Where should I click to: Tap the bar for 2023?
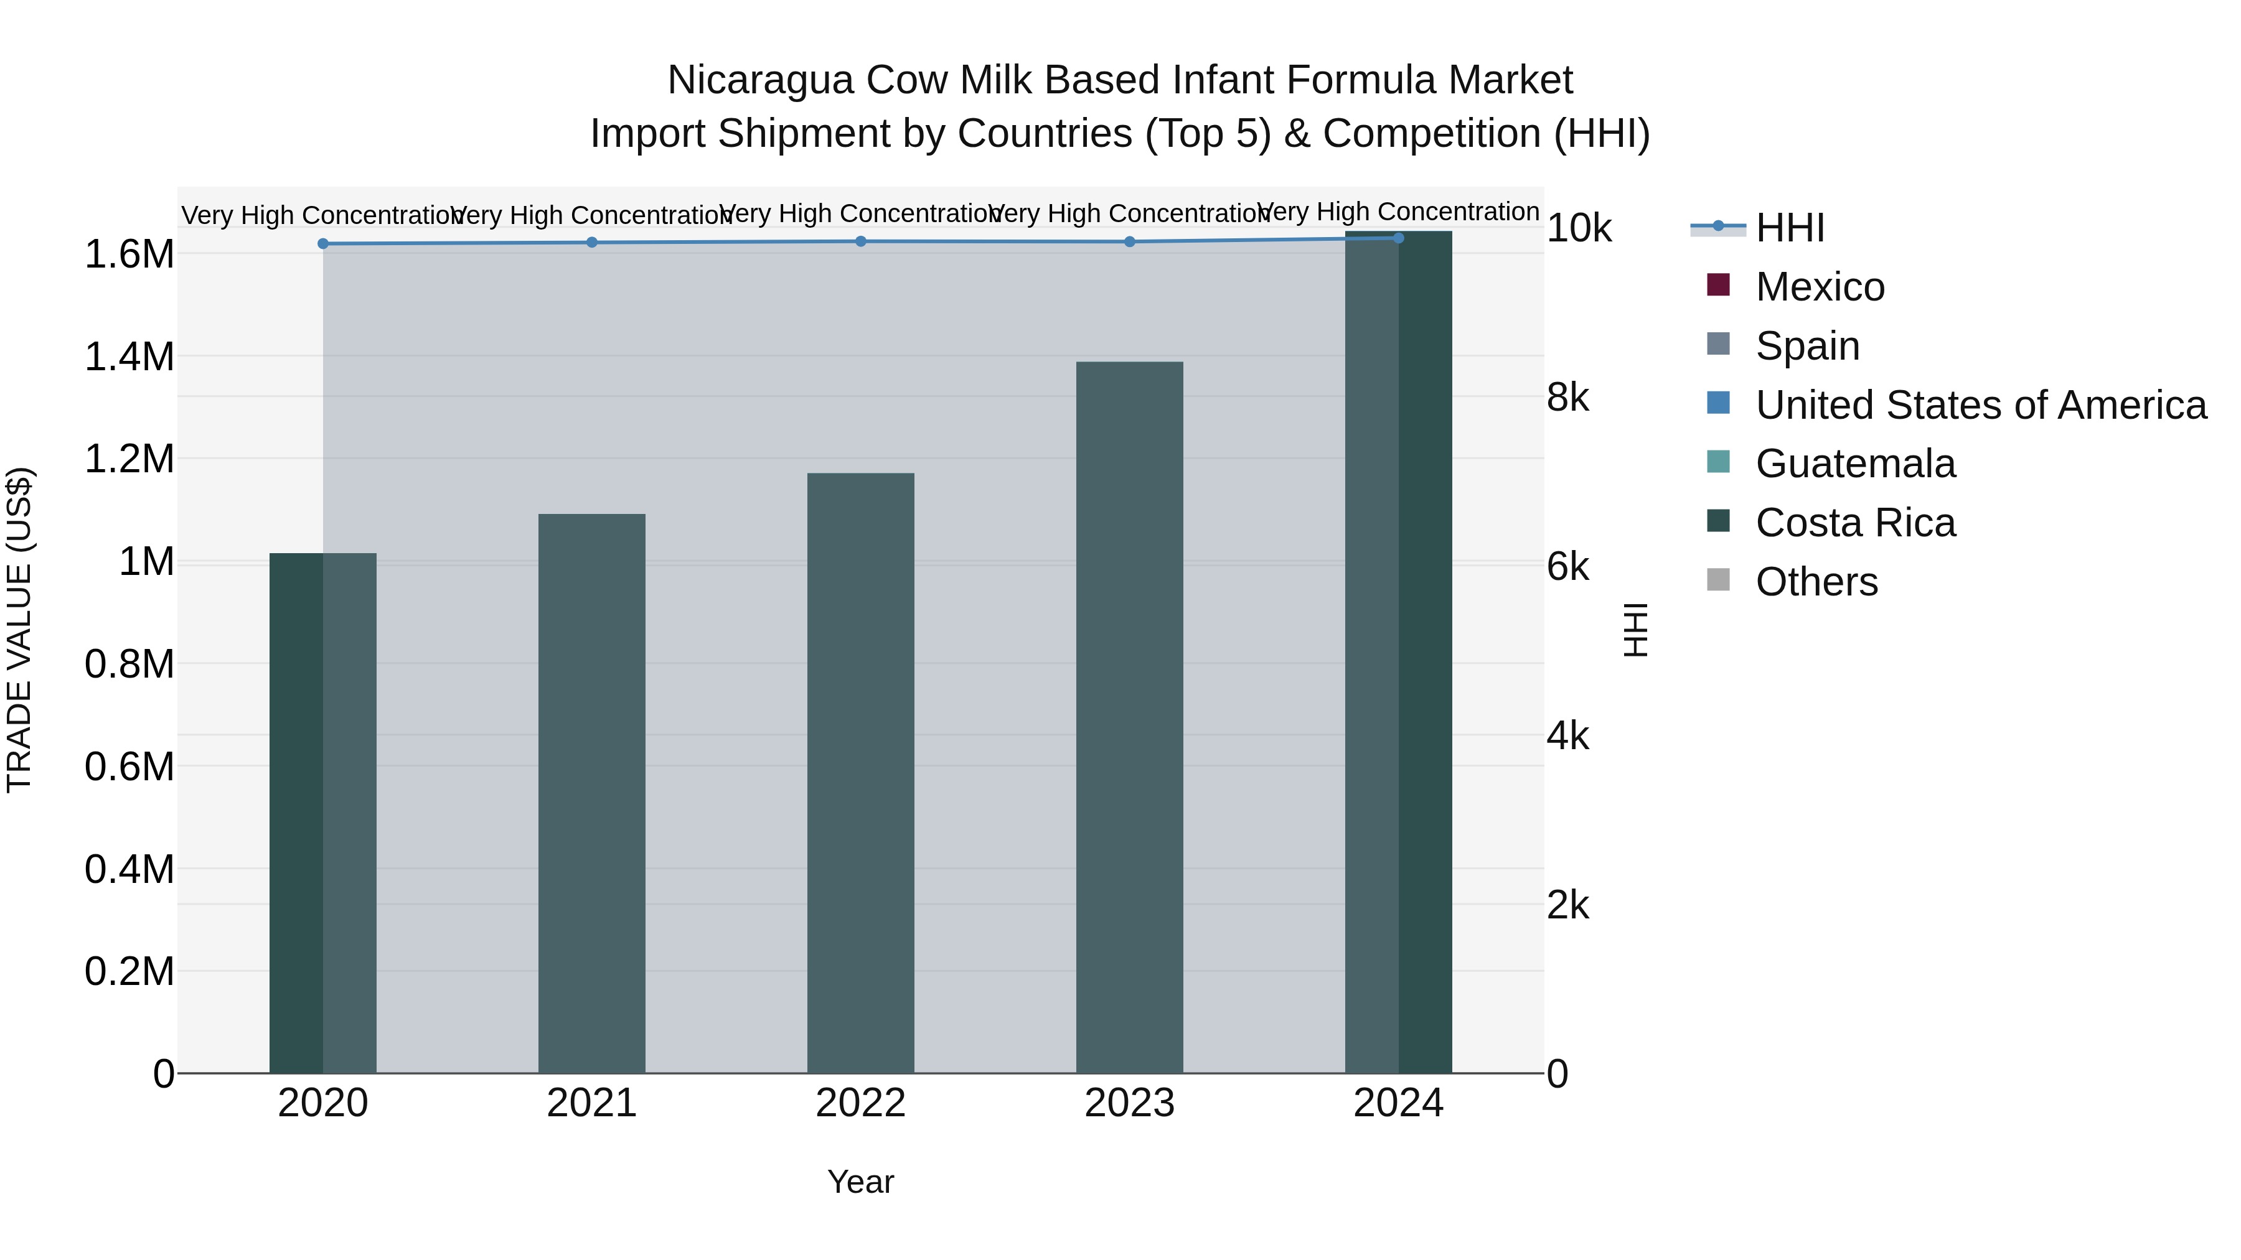point(1129,717)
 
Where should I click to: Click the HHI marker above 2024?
point(1398,238)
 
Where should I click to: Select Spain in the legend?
point(1807,346)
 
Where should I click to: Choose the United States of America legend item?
point(1980,405)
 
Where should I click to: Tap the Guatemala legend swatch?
point(1718,462)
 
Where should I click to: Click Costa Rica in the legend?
point(1855,523)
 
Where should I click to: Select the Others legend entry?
point(1816,582)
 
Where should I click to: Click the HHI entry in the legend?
point(1790,228)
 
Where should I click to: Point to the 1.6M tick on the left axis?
point(129,254)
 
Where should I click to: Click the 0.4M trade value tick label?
point(129,869)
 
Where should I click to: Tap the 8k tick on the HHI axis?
point(1567,398)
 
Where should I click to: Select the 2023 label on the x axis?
point(1129,1103)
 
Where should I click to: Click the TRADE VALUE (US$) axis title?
point(19,630)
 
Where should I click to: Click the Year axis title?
point(860,1182)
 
